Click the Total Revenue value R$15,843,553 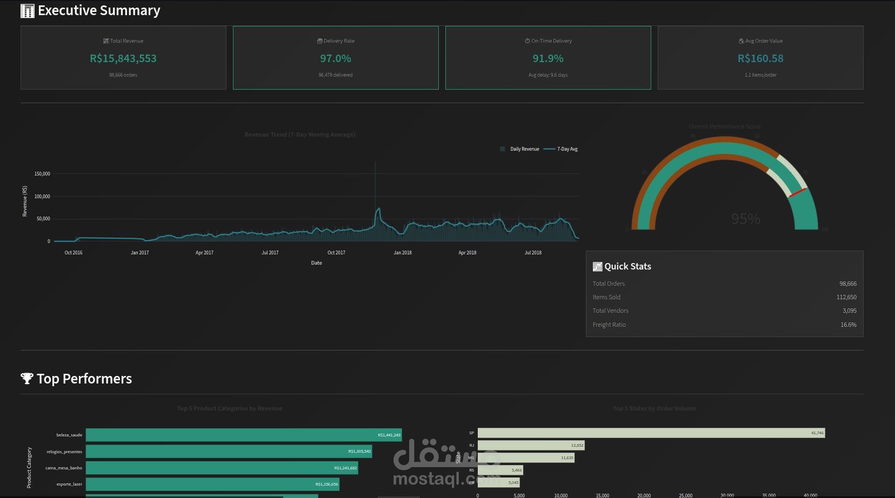click(123, 58)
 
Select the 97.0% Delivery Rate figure click(336, 58)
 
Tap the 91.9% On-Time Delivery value click(548, 58)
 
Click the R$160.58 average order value click(760, 58)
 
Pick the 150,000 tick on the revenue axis click(42, 174)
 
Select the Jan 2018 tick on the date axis click(403, 253)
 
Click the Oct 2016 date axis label click(74, 253)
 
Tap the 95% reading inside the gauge click(745, 219)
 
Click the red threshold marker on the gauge click(797, 193)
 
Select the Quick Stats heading click(627, 266)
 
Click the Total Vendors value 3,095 click(849, 311)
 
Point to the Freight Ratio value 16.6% click(848, 325)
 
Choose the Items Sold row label click(606, 297)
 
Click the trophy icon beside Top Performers click(26, 379)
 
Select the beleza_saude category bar click(243, 435)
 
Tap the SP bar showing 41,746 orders click(651, 433)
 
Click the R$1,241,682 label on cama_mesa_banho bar click(345, 468)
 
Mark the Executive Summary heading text click(99, 10)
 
